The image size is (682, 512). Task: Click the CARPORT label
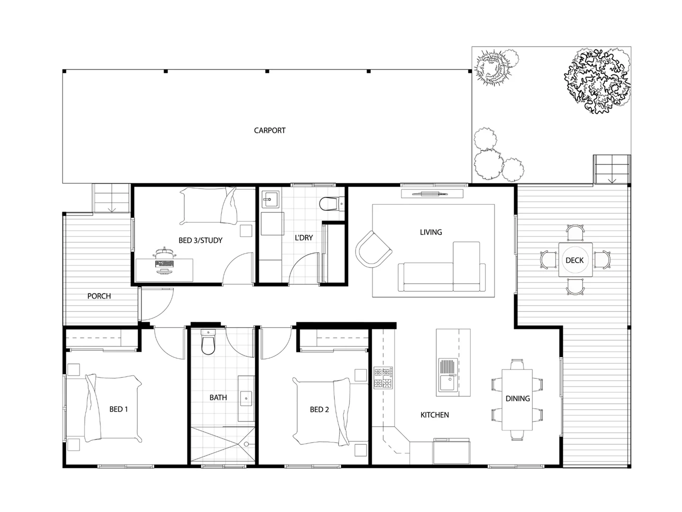[269, 130]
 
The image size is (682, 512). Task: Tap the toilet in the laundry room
[330, 204]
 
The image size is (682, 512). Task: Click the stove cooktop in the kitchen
[384, 378]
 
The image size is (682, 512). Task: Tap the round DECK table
[574, 260]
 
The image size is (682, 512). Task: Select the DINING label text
[517, 399]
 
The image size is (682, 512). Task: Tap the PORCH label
[99, 296]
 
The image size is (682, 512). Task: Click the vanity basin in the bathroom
[246, 399]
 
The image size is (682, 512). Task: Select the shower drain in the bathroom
[246, 444]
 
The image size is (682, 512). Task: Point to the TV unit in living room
[431, 193]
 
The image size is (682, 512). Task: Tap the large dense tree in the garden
[597, 81]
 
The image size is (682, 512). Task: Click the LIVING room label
[431, 232]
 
